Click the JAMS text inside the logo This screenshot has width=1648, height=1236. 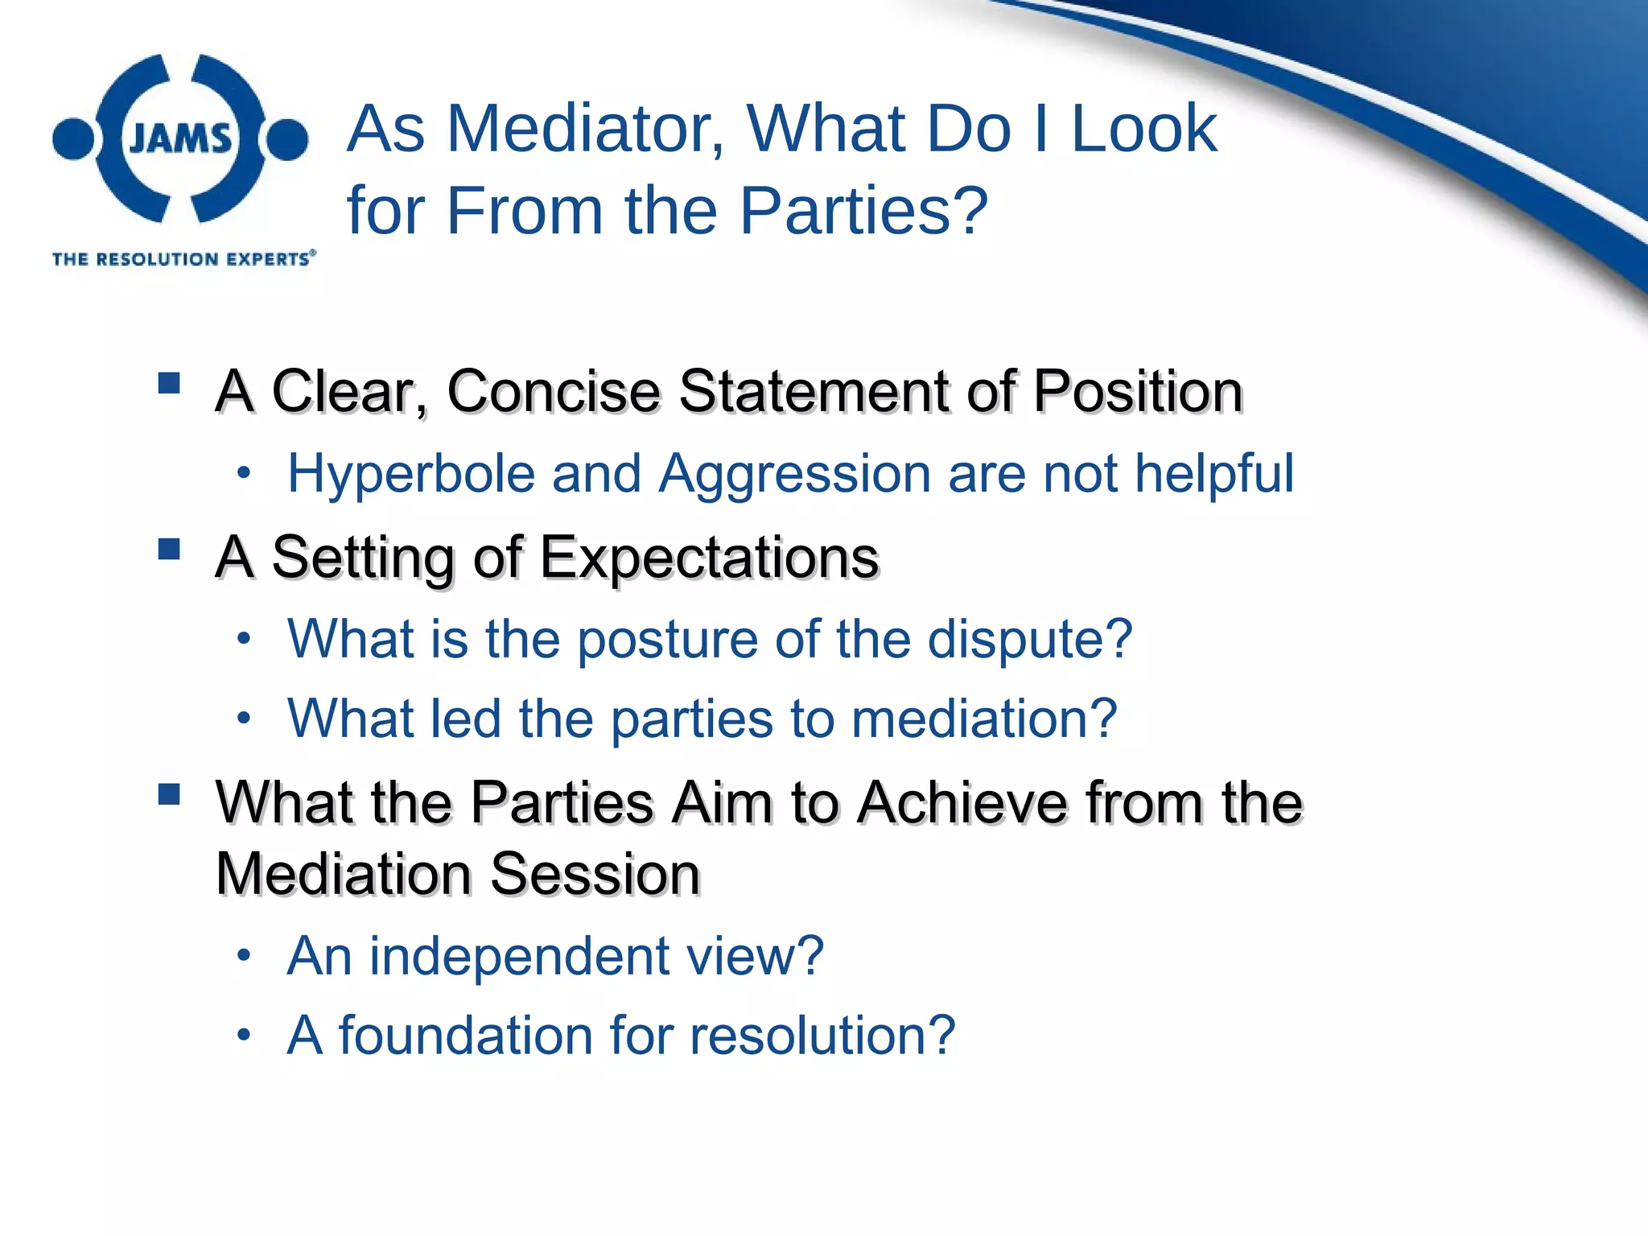(x=180, y=139)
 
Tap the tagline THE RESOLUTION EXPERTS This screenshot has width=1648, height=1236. (x=183, y=259)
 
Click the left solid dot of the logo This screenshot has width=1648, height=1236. (x=74, y=139)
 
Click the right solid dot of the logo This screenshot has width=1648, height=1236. (x=287, y=139)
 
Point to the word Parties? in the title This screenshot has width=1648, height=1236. (x=863, y=211)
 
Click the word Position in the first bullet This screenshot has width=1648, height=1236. (x=1138, y=392)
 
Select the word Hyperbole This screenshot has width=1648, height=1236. (x=411, y=475)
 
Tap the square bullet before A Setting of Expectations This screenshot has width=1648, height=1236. (x=169, y=549)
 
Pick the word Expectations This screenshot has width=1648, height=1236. (x=709, y=558)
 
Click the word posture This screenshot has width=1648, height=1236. (x=668, y=641)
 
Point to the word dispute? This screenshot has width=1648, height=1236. (x=1030, y=641)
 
